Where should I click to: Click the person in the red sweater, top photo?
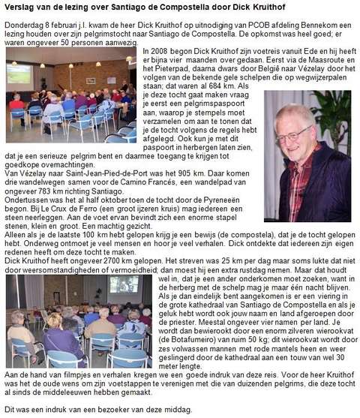[x=17, y=105]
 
